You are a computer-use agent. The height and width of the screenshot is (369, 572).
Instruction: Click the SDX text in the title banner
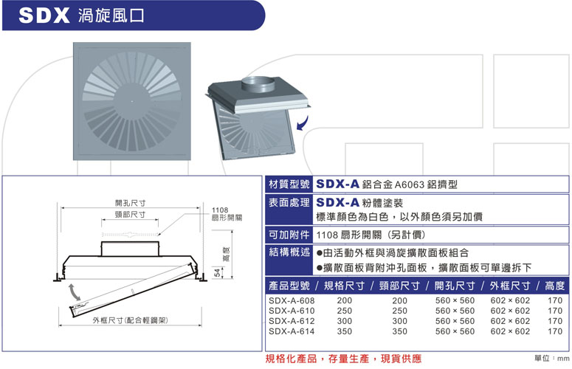click(44, 15)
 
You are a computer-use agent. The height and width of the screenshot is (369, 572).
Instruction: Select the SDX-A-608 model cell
click(292, 300)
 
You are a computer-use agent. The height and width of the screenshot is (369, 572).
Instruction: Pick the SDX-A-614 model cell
click(292, 331)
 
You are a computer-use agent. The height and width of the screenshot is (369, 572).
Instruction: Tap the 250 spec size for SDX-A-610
click(345, 311)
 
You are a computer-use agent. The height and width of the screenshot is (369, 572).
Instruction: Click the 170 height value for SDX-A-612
click(555, 321)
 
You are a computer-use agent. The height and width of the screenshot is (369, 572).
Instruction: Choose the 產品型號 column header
click(289, 286)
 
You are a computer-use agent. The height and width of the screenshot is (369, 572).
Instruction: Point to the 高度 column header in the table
click(554, 286)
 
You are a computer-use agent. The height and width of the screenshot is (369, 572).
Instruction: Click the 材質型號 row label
click(289, 184)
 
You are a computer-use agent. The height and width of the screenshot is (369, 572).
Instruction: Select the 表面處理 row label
click(289, 202)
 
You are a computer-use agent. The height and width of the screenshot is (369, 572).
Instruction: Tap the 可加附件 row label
click(289, 235)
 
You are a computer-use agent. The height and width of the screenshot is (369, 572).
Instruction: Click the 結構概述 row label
click(289, 252)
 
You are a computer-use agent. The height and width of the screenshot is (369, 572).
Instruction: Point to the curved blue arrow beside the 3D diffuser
click(303, 124)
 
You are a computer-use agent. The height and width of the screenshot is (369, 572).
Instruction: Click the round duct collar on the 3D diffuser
click(258, 86)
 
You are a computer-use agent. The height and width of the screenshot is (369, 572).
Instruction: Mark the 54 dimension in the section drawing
click(217, 273)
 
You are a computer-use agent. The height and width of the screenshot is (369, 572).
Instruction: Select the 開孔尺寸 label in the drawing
click(130, 203)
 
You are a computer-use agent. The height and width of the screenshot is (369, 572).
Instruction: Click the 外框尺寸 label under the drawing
click(130, 320)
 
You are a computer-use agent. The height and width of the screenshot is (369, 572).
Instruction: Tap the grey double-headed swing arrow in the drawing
click(74, 292)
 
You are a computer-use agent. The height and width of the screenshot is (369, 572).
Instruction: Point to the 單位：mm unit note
click(551, 359)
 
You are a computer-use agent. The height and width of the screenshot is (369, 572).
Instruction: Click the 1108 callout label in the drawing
click(220, 210)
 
